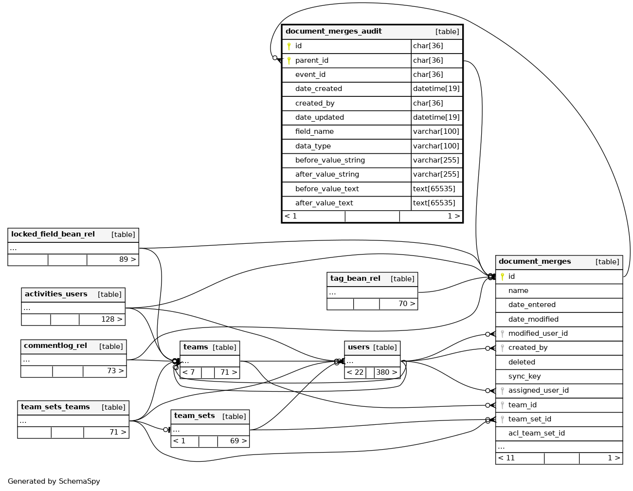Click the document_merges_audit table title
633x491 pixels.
[334, 32]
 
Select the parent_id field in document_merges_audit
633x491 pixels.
[311, 60]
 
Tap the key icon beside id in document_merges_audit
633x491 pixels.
[289, 46]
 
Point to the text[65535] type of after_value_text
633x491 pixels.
[434, 203]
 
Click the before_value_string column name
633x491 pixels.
[330, 160]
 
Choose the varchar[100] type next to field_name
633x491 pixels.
[436, 131]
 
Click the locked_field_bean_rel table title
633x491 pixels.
[53, 235]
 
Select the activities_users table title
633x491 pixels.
[56, 294]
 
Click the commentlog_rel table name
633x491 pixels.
[55, 346]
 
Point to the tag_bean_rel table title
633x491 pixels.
[355, 279]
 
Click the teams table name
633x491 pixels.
[196, 347]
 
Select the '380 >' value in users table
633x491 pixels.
[386, 372]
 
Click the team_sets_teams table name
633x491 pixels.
[55, 407]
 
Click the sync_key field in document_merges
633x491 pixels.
[524, 376]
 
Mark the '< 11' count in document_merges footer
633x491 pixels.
[506, 458]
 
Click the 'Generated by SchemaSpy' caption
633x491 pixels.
[54, 481]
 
